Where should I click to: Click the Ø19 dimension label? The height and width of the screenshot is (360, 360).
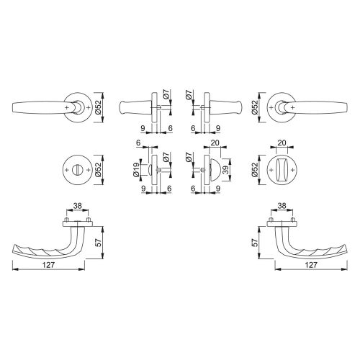click(x=136, y=170)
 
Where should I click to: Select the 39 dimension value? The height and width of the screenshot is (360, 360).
click(x=225, y=170)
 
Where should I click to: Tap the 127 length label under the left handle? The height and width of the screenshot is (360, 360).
click(x=48, y=265)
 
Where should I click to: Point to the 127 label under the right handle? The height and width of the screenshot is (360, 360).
click(x=311, y=265)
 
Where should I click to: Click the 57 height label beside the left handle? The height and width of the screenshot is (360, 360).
click(x=99, y=243)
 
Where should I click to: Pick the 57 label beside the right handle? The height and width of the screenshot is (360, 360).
click(x=255, y=243)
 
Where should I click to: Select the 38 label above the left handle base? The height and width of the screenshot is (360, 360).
click(x=77, y=206)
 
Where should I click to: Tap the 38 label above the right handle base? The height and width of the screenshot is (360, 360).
click(x=282, y=206)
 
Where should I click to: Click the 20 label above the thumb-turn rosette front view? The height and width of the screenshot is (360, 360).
click(x=282, y=143)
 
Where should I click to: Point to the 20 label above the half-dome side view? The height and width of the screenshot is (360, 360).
click(x=215, y=143)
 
